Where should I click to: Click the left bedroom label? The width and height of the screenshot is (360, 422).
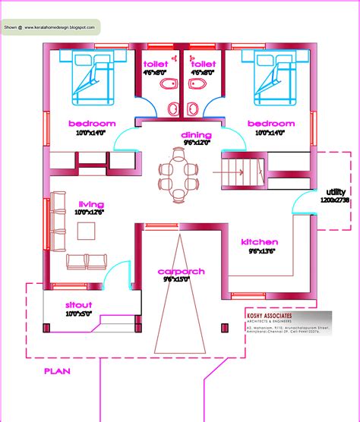(91, 123)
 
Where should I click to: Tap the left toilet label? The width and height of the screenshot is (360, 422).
(156, 64)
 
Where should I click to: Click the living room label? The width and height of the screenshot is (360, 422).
(90, 204)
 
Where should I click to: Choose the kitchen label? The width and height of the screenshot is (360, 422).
(259, 241)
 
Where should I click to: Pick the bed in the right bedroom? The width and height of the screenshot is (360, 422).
(269, 80)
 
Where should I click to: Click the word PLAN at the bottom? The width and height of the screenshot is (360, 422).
(56, 371)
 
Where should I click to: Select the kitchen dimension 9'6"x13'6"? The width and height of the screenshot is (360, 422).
(259, 250)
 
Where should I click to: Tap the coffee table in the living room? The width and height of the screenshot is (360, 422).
(86, 228)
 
